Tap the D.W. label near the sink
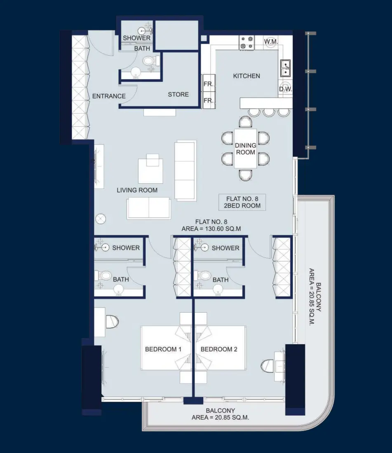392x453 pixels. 285,89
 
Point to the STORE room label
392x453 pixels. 178,94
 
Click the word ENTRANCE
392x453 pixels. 109,96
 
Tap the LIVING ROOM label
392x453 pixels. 137,190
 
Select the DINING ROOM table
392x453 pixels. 245,149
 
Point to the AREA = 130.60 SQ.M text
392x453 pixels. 211,228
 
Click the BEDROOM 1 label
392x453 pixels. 163,349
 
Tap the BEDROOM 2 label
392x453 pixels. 219,349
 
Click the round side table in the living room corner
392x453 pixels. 101,219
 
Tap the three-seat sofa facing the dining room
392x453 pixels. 185,170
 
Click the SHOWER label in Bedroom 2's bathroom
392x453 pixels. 225,248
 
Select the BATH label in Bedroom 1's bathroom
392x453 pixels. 121,279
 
